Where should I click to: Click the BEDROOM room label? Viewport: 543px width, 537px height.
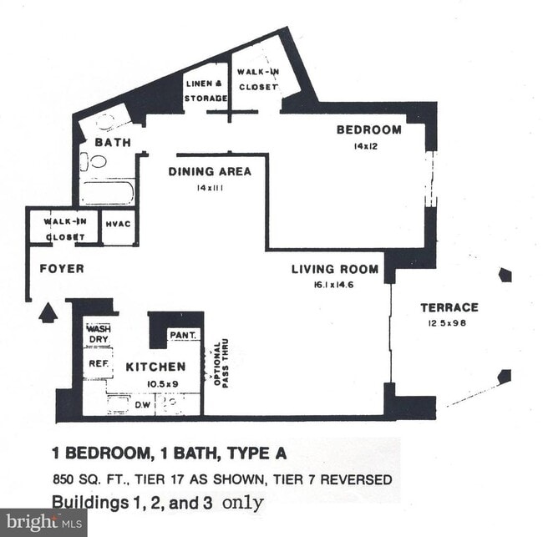[368, 129]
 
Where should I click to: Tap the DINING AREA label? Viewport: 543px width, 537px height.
[210, 172]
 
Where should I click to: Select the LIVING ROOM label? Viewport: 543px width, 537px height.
[334, 269]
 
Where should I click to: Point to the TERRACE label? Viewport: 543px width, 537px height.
[449, 307]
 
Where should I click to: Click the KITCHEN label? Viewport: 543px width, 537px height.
[155, 367]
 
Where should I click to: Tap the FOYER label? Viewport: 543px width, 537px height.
[62, 269]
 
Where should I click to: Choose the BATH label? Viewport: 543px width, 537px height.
[112, 143]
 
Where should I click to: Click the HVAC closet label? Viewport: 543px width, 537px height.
[119, 224]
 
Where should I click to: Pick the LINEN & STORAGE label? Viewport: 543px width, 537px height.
[205, 91]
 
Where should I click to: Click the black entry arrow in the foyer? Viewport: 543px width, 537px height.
[48, 312]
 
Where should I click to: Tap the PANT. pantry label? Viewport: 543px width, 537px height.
[183, 335]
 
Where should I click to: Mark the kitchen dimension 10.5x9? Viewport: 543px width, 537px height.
[155, 383]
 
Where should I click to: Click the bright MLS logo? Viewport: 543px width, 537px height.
[43, 523]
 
